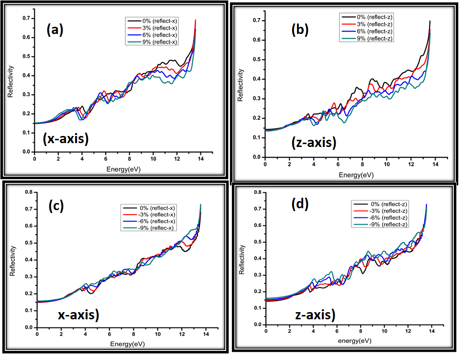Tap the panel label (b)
[x=300, y=30]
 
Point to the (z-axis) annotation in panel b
[x=313, y=142]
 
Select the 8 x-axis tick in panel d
[x=361, y=332]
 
